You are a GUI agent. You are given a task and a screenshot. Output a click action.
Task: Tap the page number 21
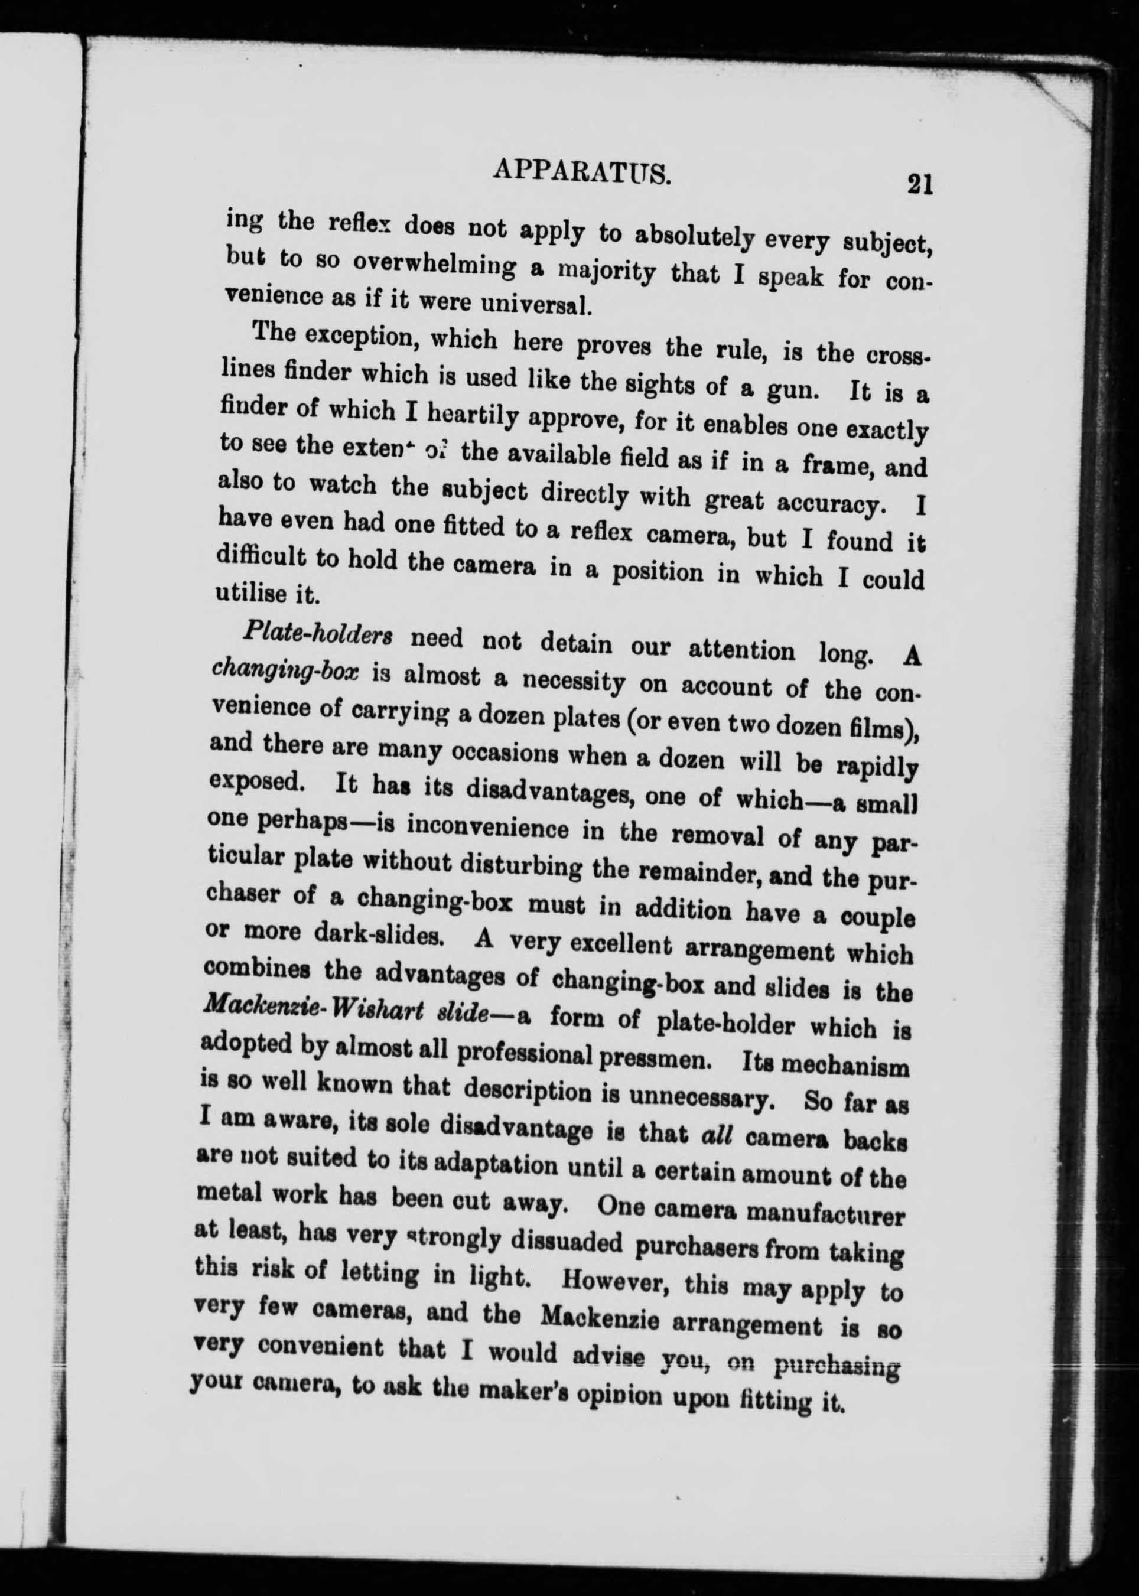[919, 186]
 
